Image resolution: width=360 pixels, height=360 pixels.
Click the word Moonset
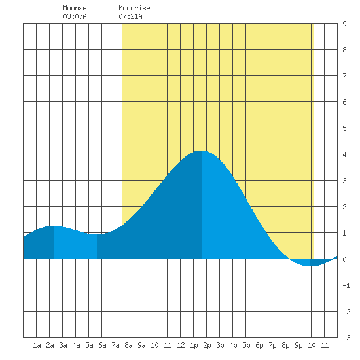coord(77,8)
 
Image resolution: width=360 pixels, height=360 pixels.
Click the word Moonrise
coord(134,8)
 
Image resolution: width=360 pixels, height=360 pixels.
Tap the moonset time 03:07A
coord(75,16)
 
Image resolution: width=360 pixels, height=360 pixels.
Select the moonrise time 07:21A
coord(130,16)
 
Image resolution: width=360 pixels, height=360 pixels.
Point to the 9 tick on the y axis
coord(344,24)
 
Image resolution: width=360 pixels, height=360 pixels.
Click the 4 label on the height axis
coord(344,154)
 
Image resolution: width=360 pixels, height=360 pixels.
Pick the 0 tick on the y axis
coord(344,259)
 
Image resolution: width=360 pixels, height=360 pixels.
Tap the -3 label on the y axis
coord(346,338)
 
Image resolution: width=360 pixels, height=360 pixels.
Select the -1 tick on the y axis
coord(346,285)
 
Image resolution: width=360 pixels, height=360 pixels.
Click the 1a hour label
coord(37,345)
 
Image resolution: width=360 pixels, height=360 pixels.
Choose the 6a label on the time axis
coord(102,345)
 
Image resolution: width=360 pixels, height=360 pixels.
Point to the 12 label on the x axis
coord(181,345)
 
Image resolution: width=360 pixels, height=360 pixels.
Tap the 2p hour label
coord(207,346)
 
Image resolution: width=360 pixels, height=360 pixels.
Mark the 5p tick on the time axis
coord(246,346)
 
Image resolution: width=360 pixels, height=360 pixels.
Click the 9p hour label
coord(298,346)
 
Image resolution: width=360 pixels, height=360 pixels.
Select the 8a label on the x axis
coord(128,345)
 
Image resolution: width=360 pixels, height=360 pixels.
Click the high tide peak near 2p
coord(202,151)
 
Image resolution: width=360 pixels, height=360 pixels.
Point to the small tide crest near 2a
coord(54,226)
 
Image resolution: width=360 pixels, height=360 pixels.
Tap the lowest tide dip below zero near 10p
coord(310,266)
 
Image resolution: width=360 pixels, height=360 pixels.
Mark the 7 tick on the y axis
coord(344,76)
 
